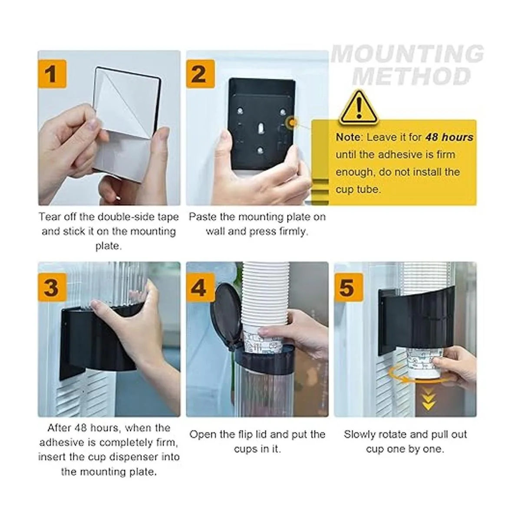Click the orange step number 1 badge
52,74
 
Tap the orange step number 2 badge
200,74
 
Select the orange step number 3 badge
52,287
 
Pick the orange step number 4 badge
200,287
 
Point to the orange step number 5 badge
349,287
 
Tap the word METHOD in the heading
411,76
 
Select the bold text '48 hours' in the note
449,137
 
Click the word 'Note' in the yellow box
348,137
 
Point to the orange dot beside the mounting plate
292,123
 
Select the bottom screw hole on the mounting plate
260,150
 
